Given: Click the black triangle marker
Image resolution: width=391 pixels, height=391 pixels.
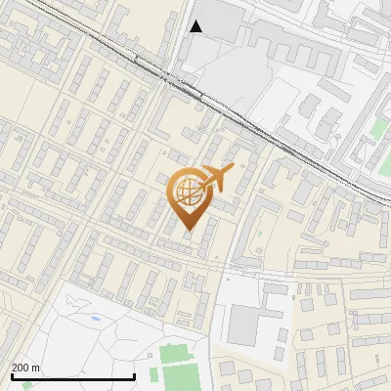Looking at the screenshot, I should [196, 26].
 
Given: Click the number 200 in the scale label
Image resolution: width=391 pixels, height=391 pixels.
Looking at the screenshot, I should [21, 368].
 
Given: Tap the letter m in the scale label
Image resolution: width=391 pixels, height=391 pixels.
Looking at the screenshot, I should [38, 368].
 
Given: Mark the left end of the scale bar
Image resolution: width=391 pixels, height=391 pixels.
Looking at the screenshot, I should [11, 376].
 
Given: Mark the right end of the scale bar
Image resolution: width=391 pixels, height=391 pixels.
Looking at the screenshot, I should [134, 376].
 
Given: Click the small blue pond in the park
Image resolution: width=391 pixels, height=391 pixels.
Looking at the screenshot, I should [95, 319].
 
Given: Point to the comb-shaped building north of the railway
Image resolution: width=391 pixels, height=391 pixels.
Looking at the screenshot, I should [283, 44].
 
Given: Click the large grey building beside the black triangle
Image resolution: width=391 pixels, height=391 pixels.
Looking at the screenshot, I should [224, 20].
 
